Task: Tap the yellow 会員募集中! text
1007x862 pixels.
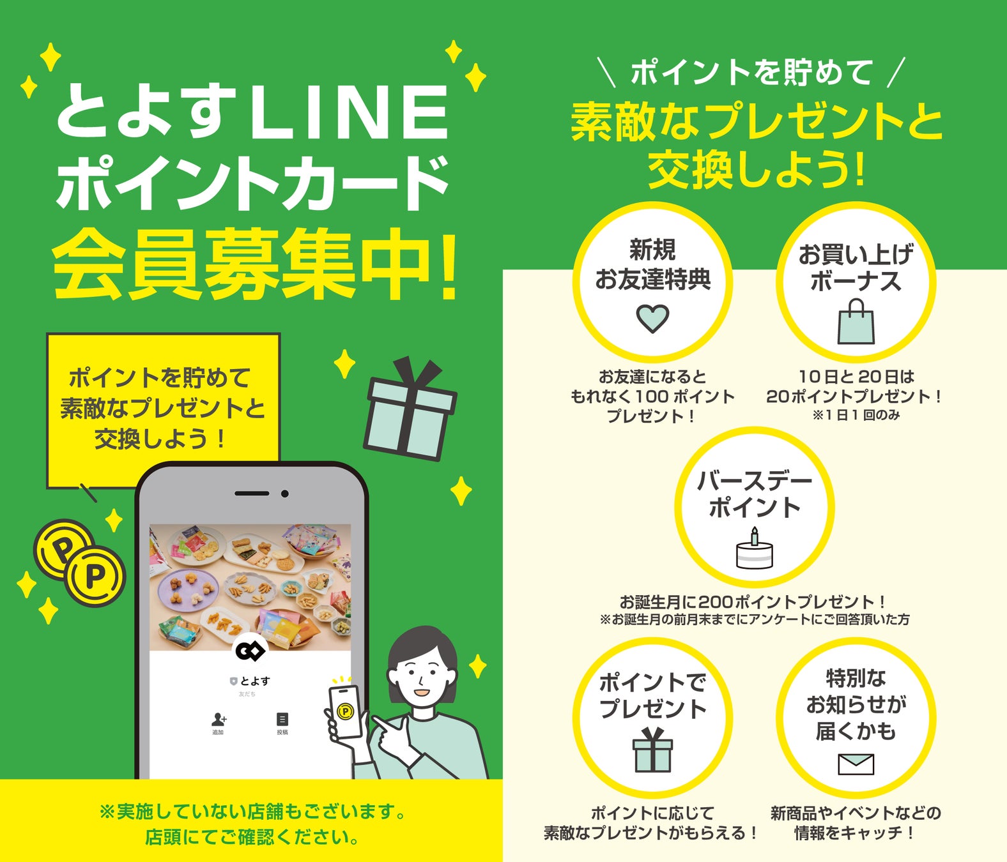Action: point(255,265)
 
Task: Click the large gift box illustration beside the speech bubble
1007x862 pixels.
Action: point(410,409)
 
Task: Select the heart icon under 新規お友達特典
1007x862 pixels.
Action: point(652,319)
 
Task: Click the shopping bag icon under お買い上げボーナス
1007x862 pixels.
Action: point(856,321)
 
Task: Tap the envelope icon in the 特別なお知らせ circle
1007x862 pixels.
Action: point(856,764)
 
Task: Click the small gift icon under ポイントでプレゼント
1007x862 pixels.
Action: point(652,750)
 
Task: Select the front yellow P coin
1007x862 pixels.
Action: point(95,577)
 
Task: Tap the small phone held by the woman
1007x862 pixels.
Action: point(345,711)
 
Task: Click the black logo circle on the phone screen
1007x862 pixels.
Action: point(250,650)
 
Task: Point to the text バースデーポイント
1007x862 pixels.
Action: point(754,494)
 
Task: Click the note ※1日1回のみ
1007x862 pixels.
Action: point(856,415)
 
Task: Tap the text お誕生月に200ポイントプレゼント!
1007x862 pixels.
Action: point(754,602)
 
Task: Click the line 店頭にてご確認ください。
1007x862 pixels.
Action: point(251,836)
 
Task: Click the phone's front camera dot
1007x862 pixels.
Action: point(285,494)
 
